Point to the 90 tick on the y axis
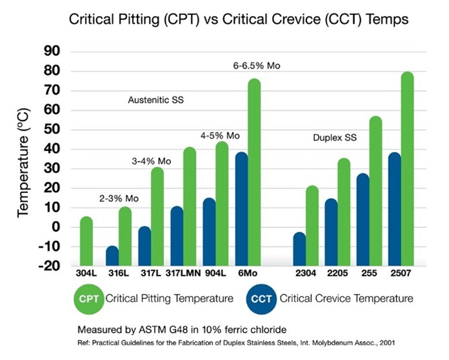(x=51, y=52)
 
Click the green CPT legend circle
(x=86, y=298)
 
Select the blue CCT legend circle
(x=262, y=298)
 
